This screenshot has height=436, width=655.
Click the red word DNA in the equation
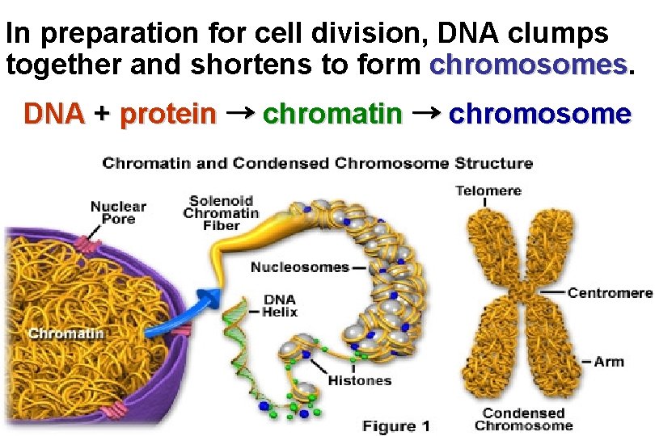[x=54, y=114]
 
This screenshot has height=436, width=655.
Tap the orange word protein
[x=167, y=115]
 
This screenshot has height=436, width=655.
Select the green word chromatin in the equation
[x=332, y=114]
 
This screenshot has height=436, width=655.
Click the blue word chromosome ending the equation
[x=539, y=114]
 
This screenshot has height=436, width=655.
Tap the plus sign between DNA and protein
[x=101, y=114]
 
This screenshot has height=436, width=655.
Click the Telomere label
[x=488, y=191]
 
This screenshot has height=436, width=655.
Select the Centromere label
[x=609, y=292]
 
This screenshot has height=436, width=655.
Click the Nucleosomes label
[x=299, y=267]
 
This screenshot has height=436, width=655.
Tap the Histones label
[x=360, y=380]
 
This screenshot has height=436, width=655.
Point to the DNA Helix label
[x=281, y=306]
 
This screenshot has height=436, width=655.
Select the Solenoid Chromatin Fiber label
[x=221, y=212]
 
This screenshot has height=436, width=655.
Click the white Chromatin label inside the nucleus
[x=66, y=333]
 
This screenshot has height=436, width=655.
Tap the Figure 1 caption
[x=395, y=426]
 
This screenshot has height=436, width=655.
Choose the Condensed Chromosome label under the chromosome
[x=523, y=419]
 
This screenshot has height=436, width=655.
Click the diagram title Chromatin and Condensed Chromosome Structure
[x=317, y=163]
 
